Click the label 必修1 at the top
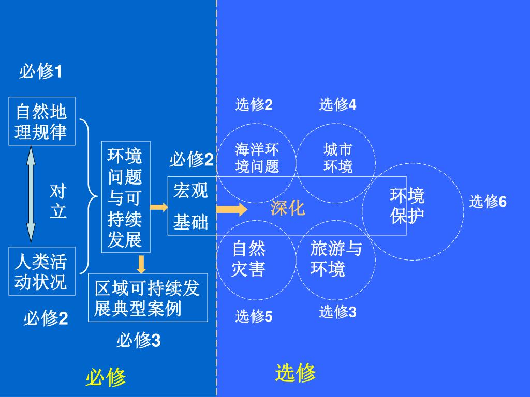40,71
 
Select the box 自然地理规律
41,121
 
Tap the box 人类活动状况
41,271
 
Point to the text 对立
58,202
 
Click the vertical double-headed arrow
31,194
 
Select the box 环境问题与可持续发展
125,197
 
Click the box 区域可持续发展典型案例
148,297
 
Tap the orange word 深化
288,208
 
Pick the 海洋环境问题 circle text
257,158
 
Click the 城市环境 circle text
338,158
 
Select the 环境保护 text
407,206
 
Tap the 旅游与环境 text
336,258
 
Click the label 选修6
488,202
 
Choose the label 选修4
337,105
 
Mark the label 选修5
254,316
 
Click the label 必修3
138,340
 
